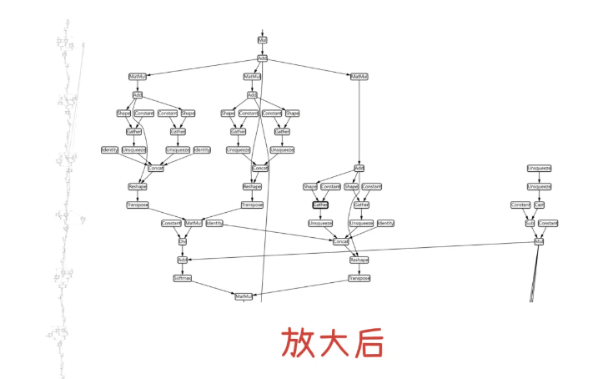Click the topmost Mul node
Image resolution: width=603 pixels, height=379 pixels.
tap(262, 40)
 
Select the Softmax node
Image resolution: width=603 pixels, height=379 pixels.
tap(183, 278)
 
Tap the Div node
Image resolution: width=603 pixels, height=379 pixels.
tap(183, 241)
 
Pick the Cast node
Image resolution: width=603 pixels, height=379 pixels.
tap(540, 205)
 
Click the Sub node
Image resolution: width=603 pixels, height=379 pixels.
tap(530, 223)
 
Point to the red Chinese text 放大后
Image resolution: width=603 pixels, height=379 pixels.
tap(332, 342)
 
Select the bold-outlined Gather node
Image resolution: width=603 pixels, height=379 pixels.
tap(320, 205)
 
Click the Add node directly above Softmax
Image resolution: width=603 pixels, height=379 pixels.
tap(183, 260)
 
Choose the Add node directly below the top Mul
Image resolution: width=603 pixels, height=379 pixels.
tap(262, 58)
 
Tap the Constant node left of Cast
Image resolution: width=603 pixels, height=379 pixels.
tap(520, 205)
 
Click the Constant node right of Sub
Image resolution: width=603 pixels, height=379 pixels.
tap(548, 223)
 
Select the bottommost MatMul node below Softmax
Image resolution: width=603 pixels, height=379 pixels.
tap(244, 296)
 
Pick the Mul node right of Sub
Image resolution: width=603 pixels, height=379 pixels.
tap(539, 241)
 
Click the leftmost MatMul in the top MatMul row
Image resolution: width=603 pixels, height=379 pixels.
tap(137, 76)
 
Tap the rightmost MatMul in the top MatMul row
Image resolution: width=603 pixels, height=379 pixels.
tap(359, 76)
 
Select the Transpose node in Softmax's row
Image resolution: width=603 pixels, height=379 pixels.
tap(359, 278)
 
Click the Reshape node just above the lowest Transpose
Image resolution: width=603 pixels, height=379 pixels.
tap(359, 260)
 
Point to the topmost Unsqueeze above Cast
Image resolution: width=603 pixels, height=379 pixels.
tap(539, 168)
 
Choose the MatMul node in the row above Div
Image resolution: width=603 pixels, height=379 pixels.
tap(193, 223)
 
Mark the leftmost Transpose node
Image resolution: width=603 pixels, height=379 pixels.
tap(138, 205)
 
